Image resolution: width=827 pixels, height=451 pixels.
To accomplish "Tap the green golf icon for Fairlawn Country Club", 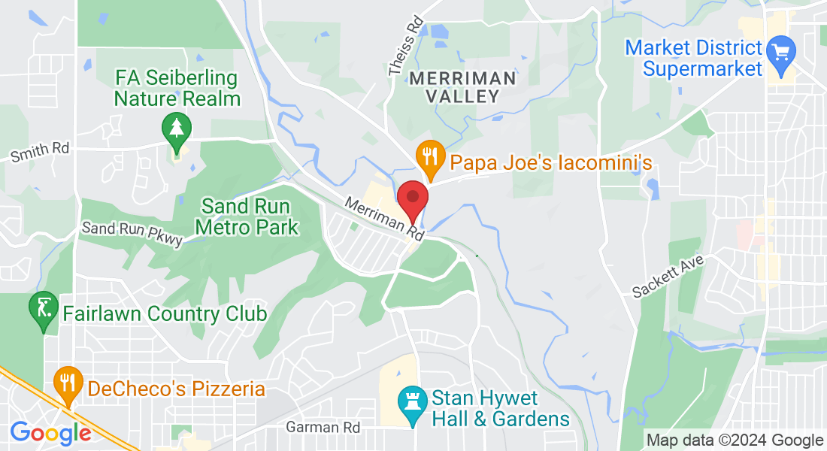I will coord(44,307).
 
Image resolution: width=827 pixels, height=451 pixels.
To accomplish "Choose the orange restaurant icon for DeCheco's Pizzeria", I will coord(69,383).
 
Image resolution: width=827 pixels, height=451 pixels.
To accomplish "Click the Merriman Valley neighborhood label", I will coord(463,87).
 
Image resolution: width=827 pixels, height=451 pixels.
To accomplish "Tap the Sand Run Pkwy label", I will coord(132,233).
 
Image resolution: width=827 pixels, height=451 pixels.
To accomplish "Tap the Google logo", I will coord(50,433).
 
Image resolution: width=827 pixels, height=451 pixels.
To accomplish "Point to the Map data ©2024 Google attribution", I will coord(735,440).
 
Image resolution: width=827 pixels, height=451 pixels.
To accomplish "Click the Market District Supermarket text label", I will coord(694,59).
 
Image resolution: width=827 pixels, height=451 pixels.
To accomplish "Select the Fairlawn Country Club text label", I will coord(165,313).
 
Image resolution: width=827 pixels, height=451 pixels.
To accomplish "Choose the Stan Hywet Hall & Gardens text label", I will coord(500,407).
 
